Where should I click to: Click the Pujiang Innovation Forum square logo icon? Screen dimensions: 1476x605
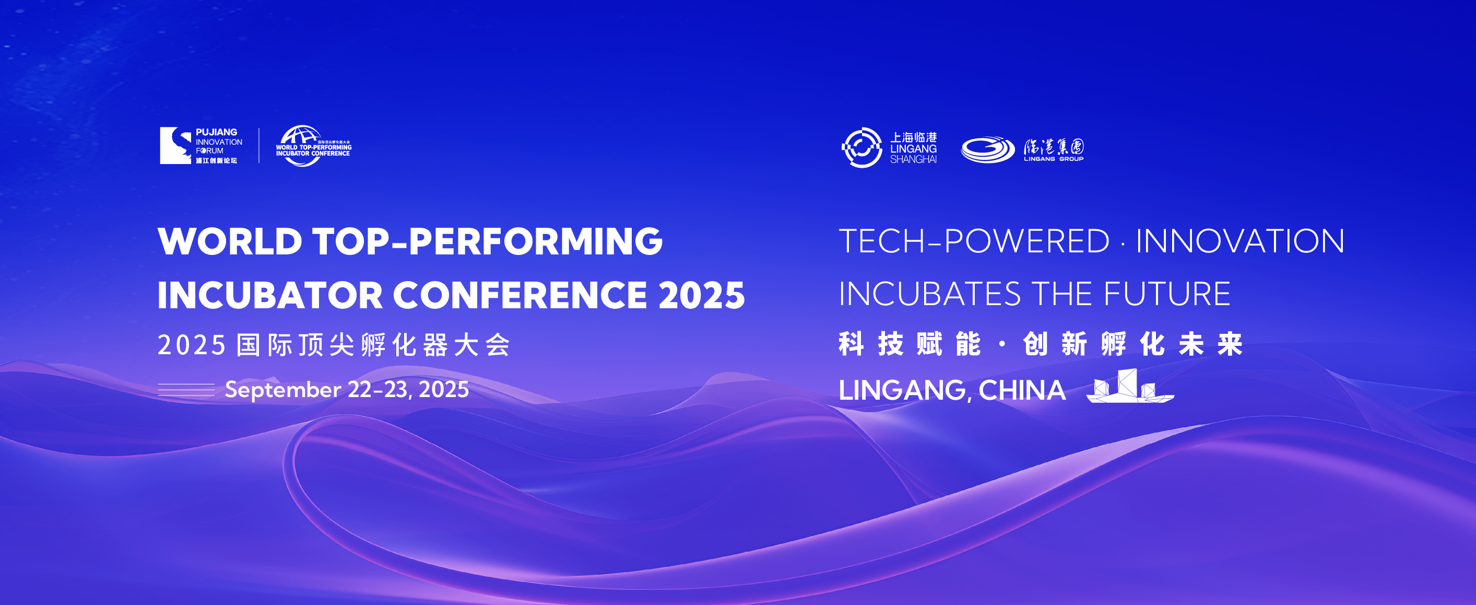pyautogui.click(x=175, y=146)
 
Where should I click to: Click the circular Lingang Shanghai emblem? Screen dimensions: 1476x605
pyautogui.click(x=862, y=148)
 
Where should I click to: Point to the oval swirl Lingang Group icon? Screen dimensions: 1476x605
pyautogui.click(x=988, y=149)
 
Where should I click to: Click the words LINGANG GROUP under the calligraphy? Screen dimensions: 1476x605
pyautogui.click(x=1053, y=159)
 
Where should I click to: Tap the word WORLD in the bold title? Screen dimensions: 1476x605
pyautogui.click(x=230, y=241)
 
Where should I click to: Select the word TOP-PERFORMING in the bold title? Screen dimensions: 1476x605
pyautogui.click(x=488, y=241)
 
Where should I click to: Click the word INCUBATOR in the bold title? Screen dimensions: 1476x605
pyautogui.click(x=270, y=295)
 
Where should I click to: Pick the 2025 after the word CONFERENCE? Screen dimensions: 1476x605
pyautogui.click(x=702, y=295)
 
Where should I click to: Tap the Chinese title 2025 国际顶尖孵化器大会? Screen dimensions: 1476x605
pyautogui.click(x=334, y=345)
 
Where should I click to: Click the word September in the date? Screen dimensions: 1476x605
pyautogui.click(x=283, y=390)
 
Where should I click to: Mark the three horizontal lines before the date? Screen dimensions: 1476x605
pyautogui.click(x=186, y=390)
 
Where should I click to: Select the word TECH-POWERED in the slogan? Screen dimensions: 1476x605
pyautogui.click(x=974, y=241)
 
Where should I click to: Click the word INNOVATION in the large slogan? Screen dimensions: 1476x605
pyautogui.click(x=1240, y=241)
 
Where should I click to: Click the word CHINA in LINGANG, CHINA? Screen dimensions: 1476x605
pyautogui.click(x=1022, y=390)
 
